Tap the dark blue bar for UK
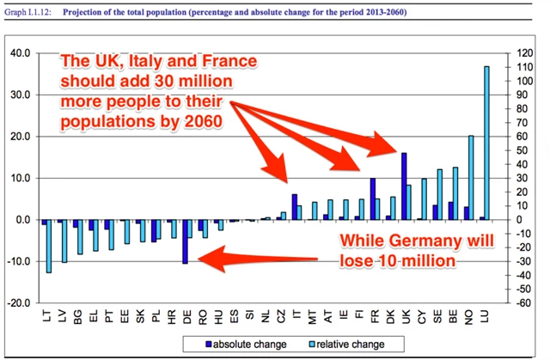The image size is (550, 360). (x=403, y=186)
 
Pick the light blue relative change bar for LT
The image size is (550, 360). (x=49, y=246)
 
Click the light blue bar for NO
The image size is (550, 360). (x=470, y=177)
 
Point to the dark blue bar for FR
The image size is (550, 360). (x=372, y=198)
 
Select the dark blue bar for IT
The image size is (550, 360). (x=294, y=206)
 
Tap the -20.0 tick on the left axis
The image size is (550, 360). (x=18, y=303)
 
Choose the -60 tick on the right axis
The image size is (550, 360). (x=523, y=303)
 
